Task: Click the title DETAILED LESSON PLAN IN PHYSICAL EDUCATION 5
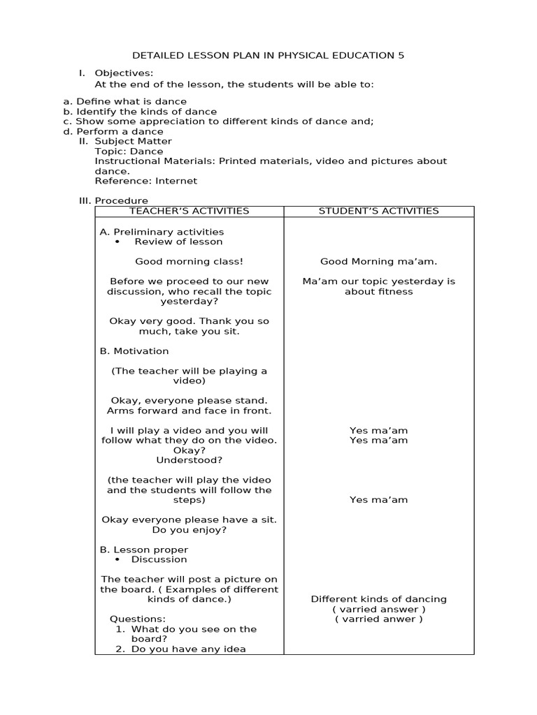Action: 268,55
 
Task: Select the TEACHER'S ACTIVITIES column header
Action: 189,211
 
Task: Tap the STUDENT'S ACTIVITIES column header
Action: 378,211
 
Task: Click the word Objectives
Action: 124,73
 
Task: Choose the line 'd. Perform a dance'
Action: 113,131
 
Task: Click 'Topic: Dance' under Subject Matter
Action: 129,151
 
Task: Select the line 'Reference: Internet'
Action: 146,181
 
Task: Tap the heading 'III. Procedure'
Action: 113,200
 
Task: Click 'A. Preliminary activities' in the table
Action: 162,232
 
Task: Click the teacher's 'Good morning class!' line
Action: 189,261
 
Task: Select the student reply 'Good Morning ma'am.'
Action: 378,261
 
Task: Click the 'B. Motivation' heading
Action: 134,351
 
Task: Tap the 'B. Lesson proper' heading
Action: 144,550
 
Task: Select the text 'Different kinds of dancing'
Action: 378,599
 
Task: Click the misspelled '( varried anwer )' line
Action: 378,619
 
